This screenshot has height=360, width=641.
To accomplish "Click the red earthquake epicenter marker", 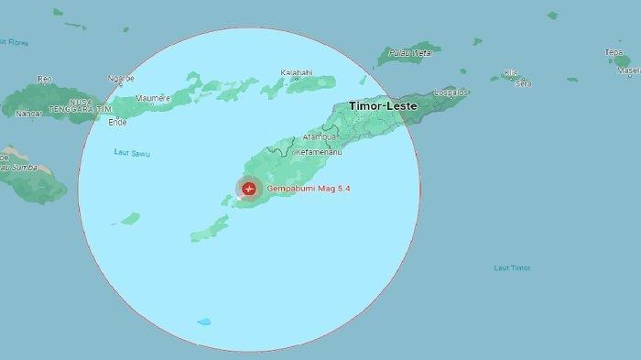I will (x=248, y=189).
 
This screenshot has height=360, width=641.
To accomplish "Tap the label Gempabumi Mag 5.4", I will (x=309, y=189).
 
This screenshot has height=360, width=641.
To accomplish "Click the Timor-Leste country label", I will (x=383, y=106).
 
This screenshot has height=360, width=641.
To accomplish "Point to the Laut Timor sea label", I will (x=512, y=267).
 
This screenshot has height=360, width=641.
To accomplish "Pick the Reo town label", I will (x=45, y=80).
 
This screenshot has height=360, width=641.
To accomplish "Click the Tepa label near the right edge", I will (x=614, y=52).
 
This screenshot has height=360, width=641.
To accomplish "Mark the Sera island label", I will (x=524, y=83).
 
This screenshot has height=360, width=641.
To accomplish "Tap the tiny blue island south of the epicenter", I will (x=203, y=322).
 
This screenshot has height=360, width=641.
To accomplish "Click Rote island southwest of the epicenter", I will (x=210, y=228).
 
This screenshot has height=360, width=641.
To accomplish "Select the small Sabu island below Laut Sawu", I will (x=130, y=218).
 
